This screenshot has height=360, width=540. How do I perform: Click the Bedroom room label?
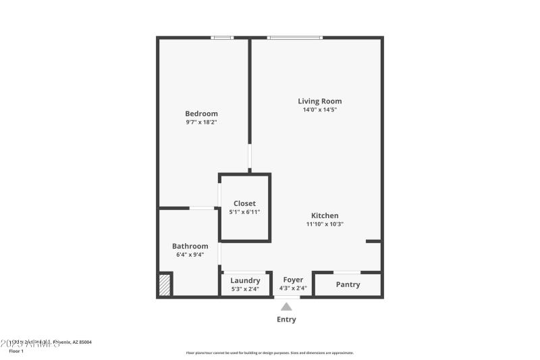[201, 113]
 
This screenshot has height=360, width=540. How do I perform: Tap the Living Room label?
[320, 101]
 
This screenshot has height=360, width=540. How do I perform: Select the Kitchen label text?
[325, 215]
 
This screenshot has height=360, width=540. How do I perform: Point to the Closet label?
[244, 203]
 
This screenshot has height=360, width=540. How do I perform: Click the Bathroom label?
[190, 246]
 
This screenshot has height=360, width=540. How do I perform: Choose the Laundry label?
[245, 280]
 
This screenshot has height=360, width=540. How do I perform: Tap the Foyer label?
[293, 280]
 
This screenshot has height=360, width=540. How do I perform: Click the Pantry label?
[348, 284]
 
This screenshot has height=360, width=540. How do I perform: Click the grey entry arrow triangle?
[286, 307]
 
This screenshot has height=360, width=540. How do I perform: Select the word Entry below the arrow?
[286, 319]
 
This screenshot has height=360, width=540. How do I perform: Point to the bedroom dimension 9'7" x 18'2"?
[201, 122]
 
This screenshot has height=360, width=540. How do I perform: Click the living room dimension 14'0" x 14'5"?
[320, 109]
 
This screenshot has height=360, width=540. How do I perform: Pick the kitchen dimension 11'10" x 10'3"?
[325, 224]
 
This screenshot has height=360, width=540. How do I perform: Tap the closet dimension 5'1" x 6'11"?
[244, 212]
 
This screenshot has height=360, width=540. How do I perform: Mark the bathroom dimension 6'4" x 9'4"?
[190, 255]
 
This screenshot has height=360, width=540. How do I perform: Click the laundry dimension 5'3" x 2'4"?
[245, 289]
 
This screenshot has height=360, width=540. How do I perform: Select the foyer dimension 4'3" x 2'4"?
[293, 288]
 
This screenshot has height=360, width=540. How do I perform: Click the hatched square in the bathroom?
[165, 284]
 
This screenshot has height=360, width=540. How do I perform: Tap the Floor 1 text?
[16, 351]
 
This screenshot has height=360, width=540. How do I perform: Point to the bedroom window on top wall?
[222, 38]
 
